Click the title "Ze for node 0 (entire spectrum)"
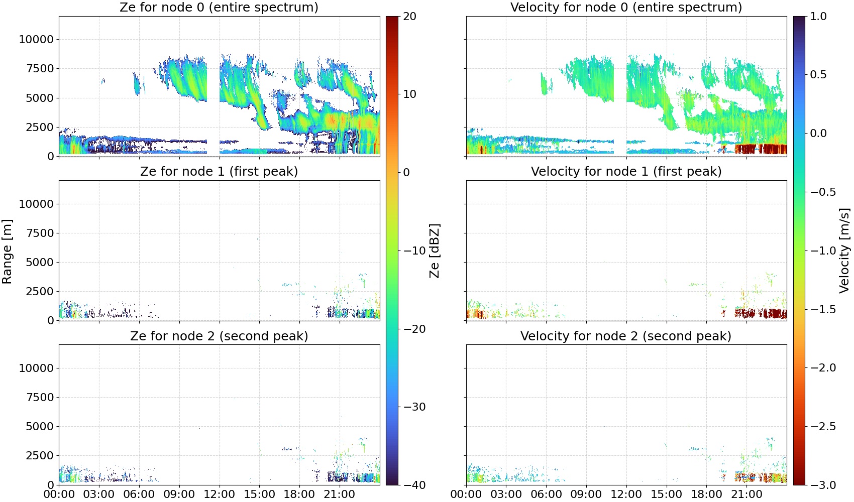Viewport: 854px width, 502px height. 219,8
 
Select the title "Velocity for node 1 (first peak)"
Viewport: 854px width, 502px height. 626,172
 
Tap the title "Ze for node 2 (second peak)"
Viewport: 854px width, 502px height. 219,336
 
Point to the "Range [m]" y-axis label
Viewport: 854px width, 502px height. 7,252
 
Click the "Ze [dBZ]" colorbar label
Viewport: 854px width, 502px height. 434,250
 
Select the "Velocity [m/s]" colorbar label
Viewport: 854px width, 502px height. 844,250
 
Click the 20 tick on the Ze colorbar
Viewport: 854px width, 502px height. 409,17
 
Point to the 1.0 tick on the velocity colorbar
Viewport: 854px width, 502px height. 818,17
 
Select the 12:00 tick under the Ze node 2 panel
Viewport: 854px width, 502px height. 219,494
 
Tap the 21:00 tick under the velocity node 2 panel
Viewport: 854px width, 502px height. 746,494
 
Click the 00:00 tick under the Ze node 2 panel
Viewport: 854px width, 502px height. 59,494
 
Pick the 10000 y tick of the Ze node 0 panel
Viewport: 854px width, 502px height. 36,39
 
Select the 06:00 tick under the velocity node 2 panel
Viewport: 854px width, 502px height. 547,494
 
